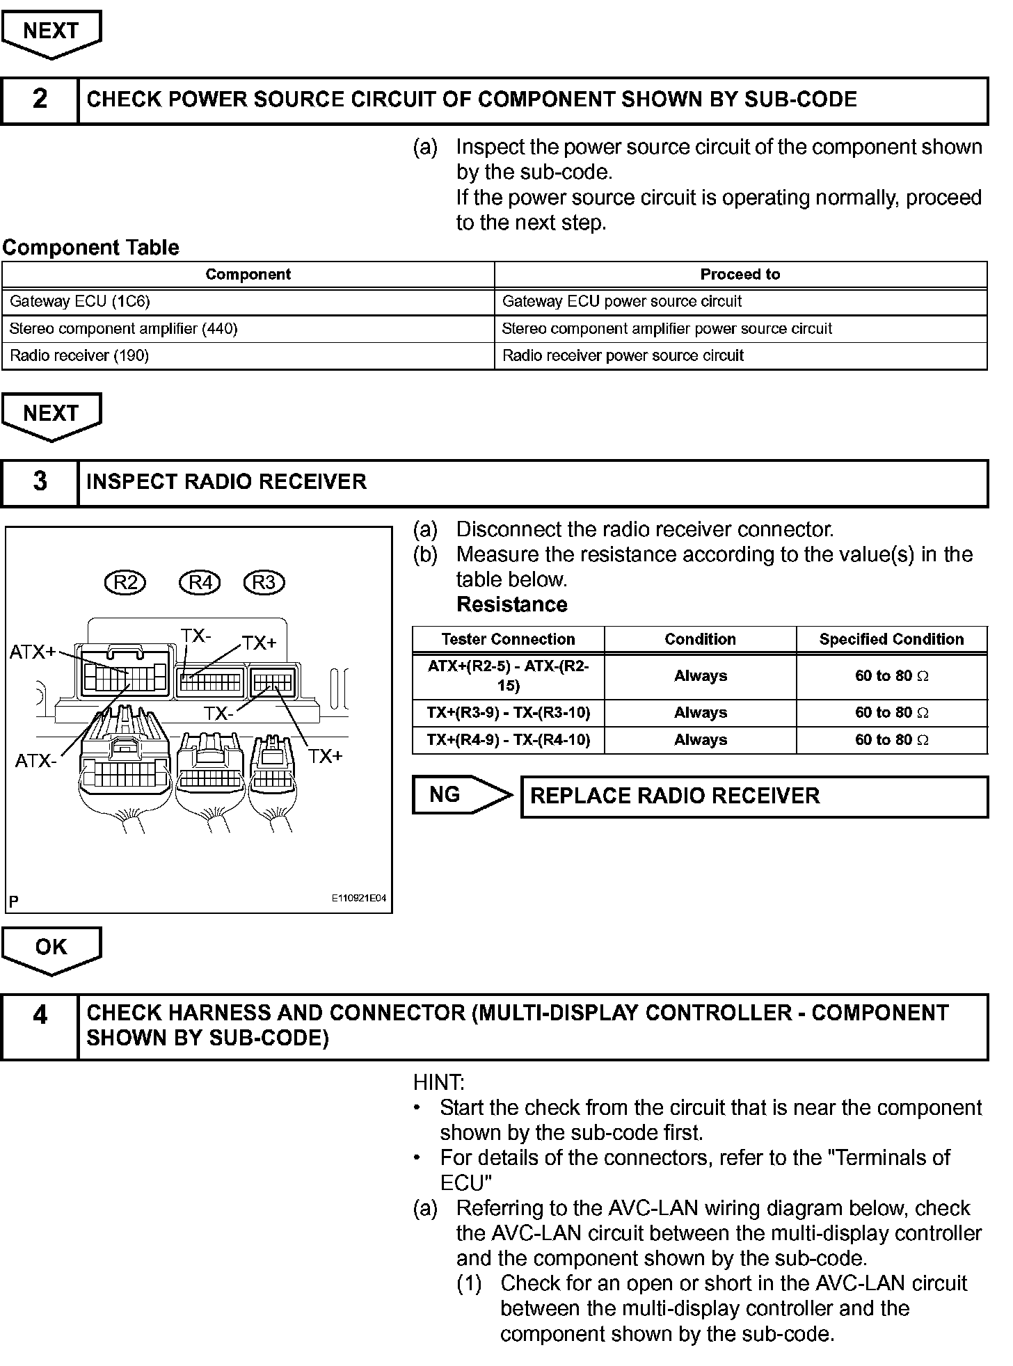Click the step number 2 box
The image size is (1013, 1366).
coord(40,100)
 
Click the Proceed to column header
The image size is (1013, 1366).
coord(740,275)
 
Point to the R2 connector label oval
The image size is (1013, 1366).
coord(125,582)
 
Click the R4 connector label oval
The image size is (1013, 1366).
coord(200,582)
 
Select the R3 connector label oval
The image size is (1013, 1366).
coord(264,582)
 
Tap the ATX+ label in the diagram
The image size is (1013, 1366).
coord(32,652)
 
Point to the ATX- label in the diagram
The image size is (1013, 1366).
coord(35,761)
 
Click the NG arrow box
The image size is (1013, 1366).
coord(459,795)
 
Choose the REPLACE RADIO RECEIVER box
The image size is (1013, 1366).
coord(753,796)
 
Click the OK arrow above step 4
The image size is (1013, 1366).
coord(51,949)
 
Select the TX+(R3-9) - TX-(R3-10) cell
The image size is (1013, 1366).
coord(508,713)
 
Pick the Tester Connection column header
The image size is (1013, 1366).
coord(508,639)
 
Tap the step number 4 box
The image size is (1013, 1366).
coord(40,1027)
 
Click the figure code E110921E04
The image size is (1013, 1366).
coord(358,899)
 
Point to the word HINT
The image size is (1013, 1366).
coord(438,1082)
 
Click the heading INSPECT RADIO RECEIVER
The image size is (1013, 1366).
coord(226,482)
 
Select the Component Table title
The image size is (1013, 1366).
coord(90,248)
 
